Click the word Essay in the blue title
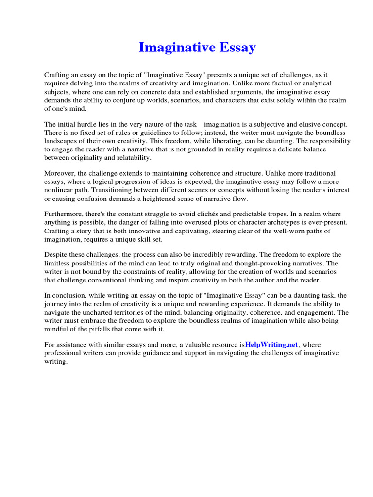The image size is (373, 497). click(234, 48)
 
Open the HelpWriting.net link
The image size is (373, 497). click(271, 345)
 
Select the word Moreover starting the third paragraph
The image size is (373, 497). click(60, 173)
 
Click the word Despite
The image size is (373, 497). click(56, 255)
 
